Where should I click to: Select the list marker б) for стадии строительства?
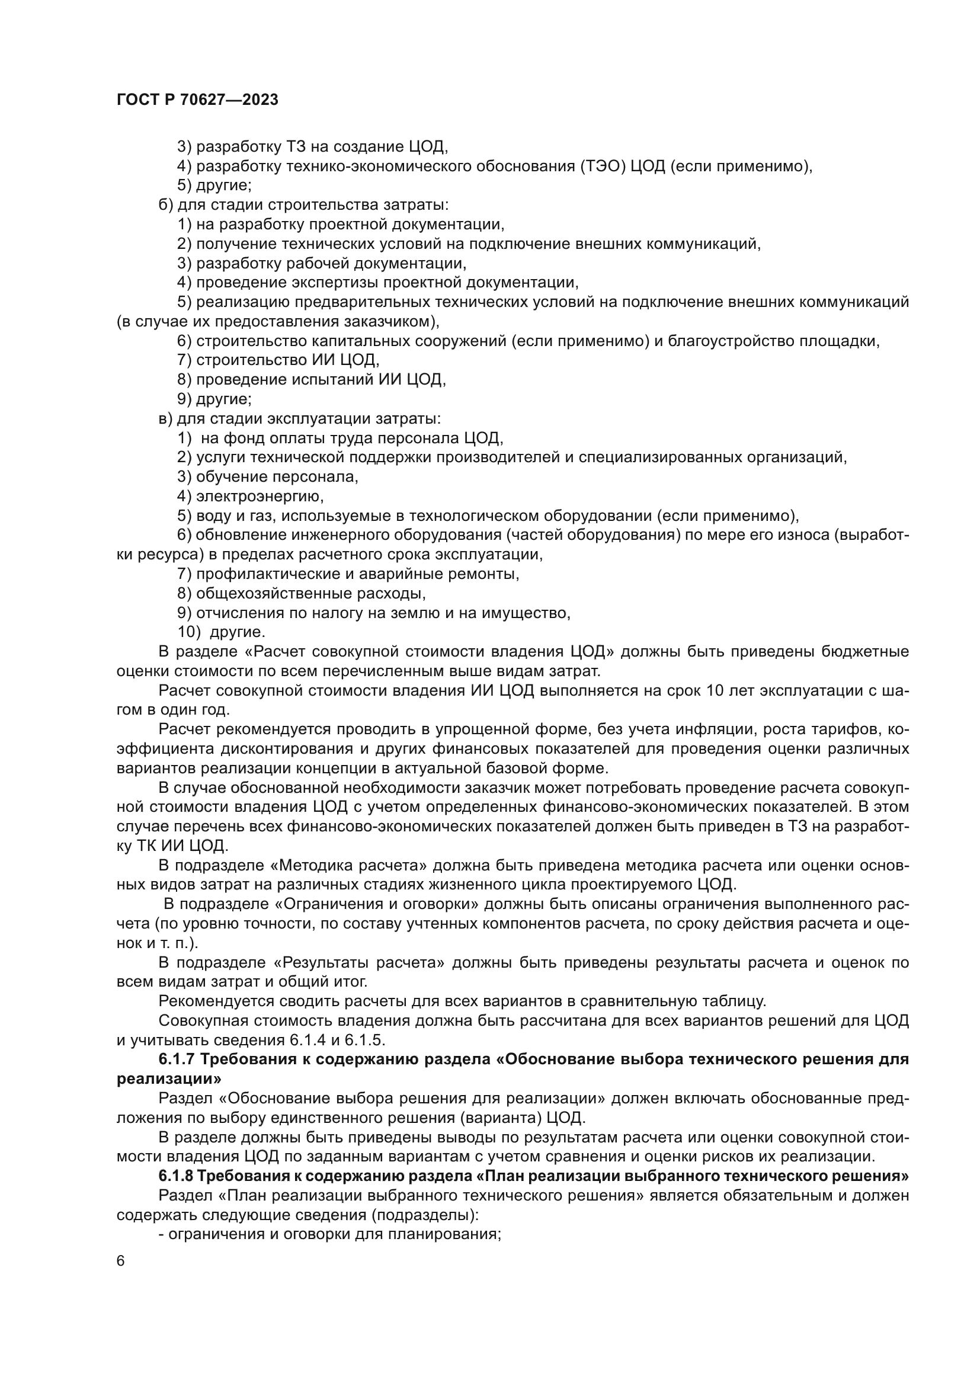165,205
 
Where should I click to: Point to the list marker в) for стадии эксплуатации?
165,418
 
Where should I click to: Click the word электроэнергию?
260,496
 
